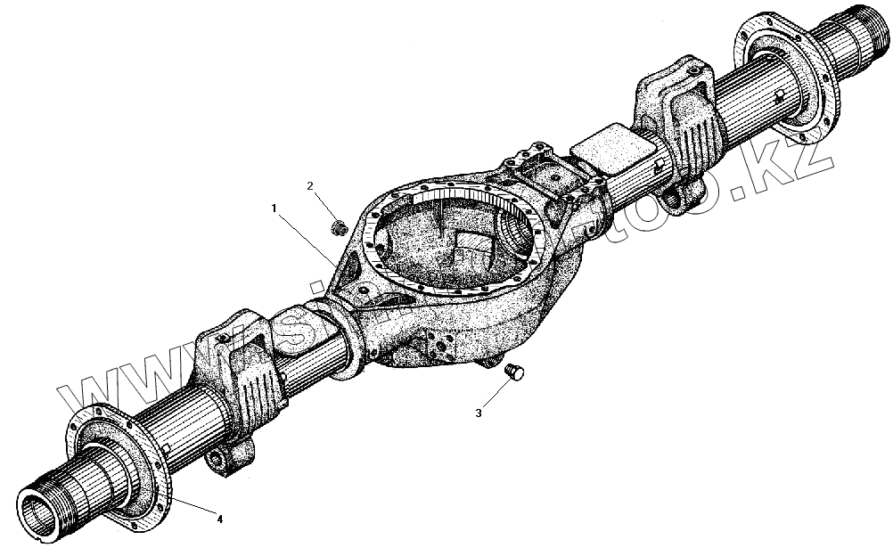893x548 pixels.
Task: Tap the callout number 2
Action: [x=310, y=185]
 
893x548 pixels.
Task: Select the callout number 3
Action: [x=479, y=413]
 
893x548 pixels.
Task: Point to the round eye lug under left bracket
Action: [x=219, y=460]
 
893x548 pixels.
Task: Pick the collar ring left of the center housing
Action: [x=348, y=338]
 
